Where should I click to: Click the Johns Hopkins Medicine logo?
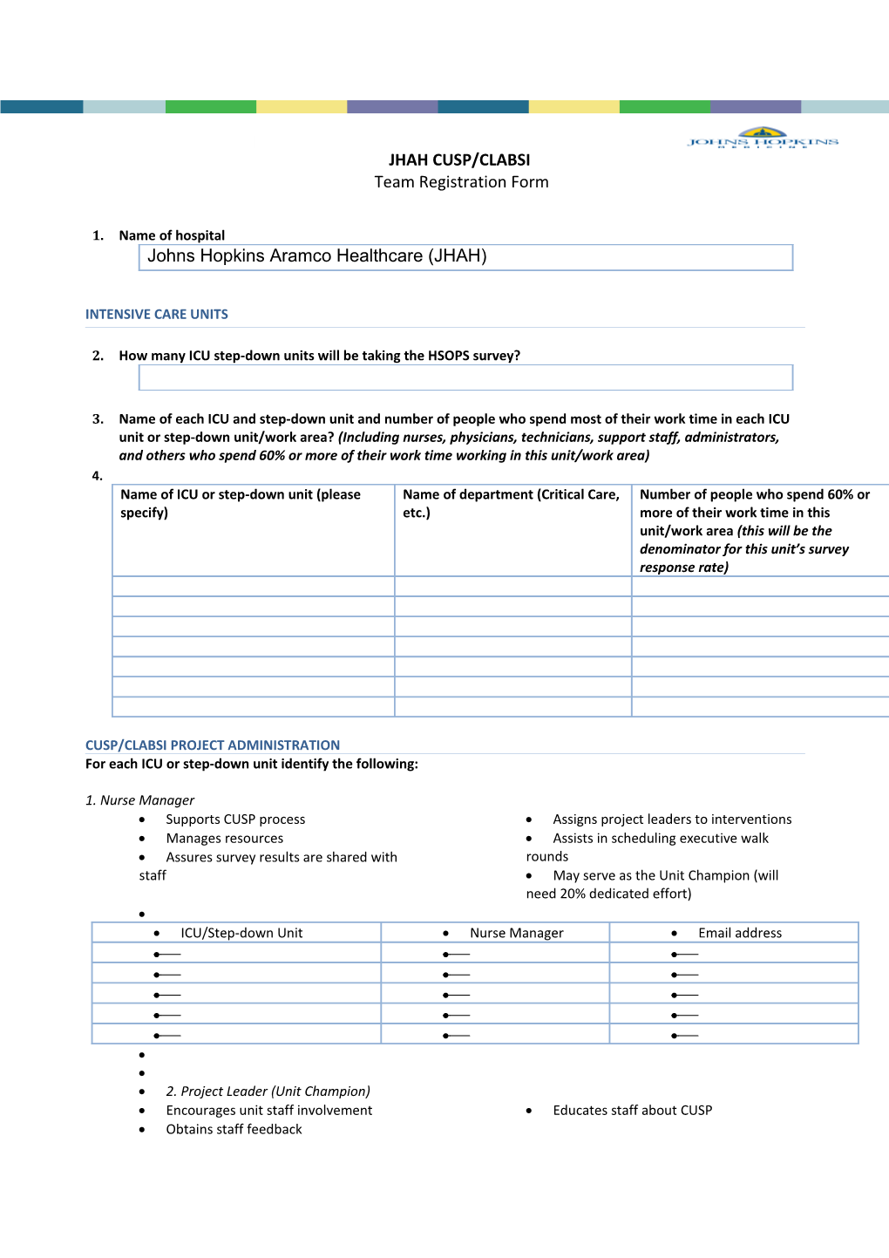click(763, 139)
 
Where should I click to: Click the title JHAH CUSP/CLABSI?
click(459, 160)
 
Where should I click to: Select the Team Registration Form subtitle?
click(461, 182)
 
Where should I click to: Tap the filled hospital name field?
click(465, 257)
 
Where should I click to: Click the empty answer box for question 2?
click(465, 377)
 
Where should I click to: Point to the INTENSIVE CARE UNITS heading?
click(157, 314)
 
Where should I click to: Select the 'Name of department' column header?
click(512, 503)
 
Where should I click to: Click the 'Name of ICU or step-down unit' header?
click(241, 503)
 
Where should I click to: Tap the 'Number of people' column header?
click(755, 530)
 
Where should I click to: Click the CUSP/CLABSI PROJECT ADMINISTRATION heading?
click(213, 745)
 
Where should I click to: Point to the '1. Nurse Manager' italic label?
click(139, 800)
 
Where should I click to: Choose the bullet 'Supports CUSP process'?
click(235, 819)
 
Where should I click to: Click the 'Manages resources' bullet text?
click(225, 839)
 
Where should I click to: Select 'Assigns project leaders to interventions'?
click(672, 819)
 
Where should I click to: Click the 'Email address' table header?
click(740, 933)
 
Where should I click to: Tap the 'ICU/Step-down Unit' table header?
click(241, 933)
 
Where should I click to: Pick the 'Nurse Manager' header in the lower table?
click(517, 933)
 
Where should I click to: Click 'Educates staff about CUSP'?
click(632, 1110)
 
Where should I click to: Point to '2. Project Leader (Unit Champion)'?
click(268, 1091)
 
